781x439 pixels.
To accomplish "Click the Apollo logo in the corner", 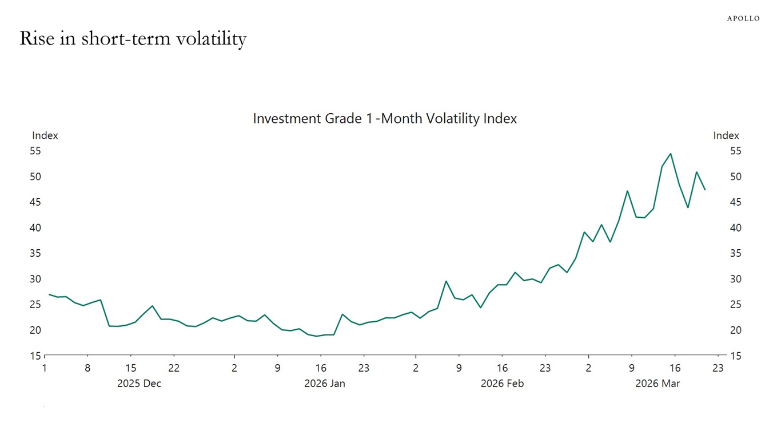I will pos(743,18).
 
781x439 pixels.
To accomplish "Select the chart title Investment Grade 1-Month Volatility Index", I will pos(385,118).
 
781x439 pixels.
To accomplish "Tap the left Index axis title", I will pos(45,135).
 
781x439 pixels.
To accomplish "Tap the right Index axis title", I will pos(726,135).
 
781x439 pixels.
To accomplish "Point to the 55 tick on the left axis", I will pos(35,151).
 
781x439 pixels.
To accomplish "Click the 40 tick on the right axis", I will pos(736,228).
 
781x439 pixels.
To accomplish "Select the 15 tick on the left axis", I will pos(35,356).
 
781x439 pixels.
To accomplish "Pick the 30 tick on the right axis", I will pos(736,279).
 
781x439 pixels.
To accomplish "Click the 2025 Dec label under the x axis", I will pos(139,384).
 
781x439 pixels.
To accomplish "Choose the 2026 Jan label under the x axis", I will pos(324,384).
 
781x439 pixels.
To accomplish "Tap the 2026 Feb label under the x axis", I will pos(502,384).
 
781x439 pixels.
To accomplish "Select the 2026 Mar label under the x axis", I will pos(658,384).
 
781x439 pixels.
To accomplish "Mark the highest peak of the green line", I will pos(670,154).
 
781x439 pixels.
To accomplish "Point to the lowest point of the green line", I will pos(316,336).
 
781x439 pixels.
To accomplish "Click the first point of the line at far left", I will pos(49,294).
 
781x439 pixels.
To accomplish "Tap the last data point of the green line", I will pos(705,189).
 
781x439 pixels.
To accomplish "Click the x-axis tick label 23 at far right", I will pos(718,368).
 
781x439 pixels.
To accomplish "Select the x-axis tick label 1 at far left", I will pos(45,368).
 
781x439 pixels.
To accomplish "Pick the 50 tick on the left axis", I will pos(35,177).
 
